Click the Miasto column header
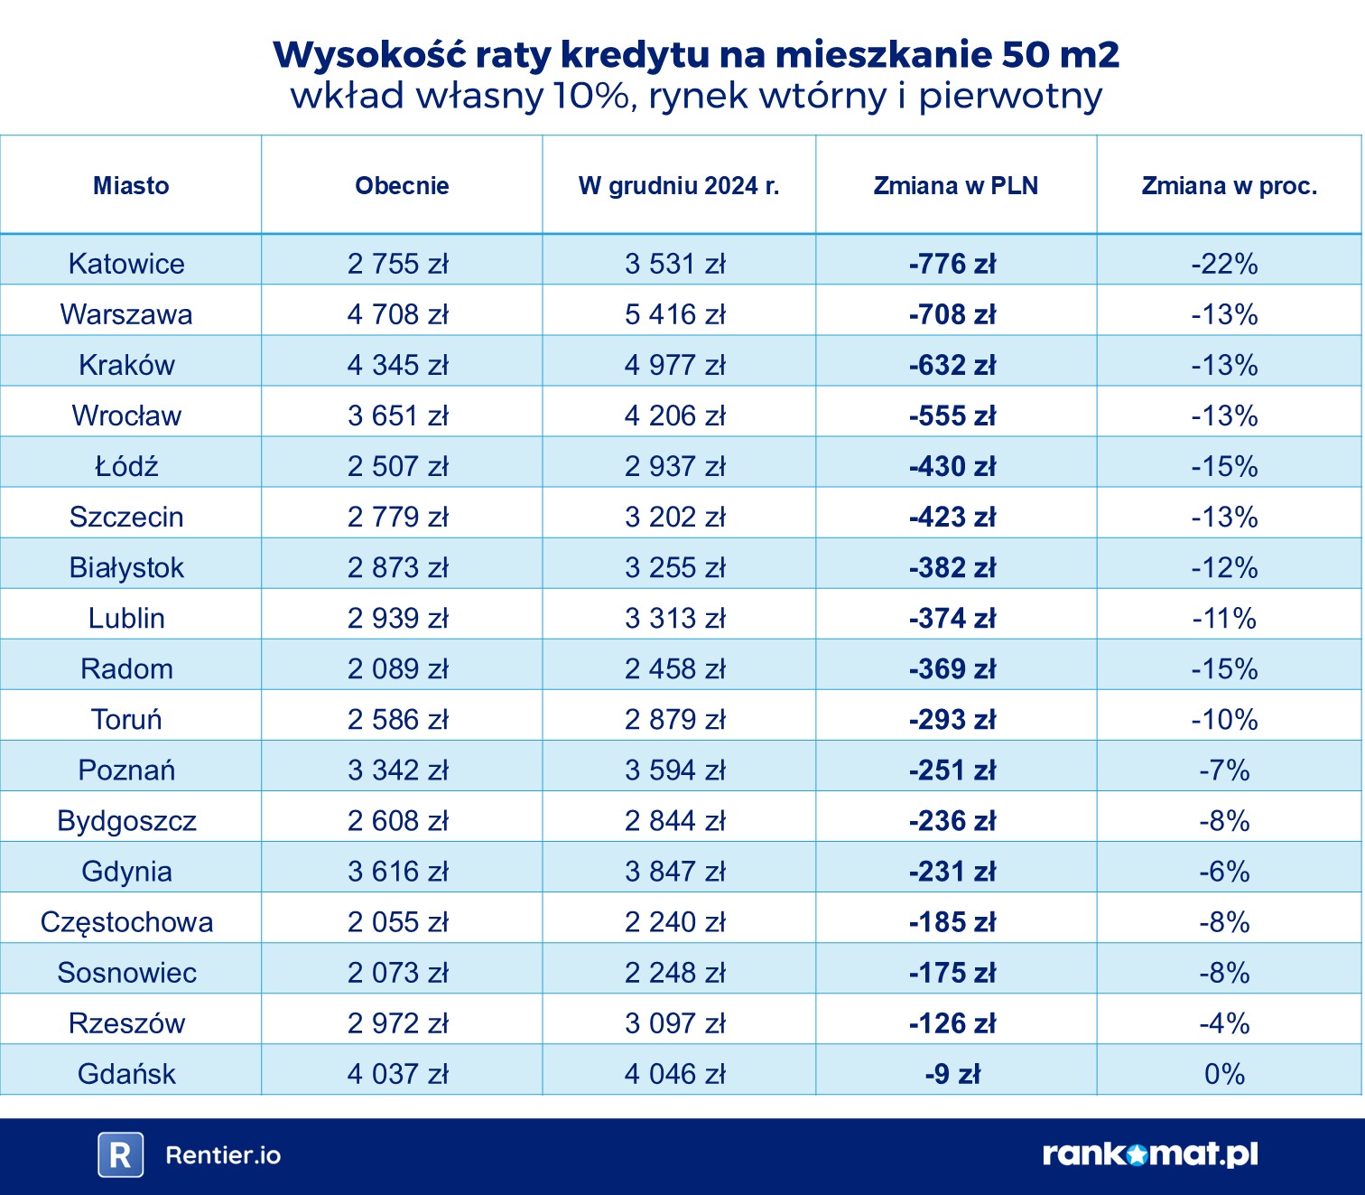pyautogui.click(x=131, y=186)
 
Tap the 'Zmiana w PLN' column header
pyautogui.click(x=955, y=186)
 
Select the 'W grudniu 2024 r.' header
pyautogui.click(x=679, y=186)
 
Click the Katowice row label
pyautogui.click(x=126, y=264)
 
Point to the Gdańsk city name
pyautogui.click(x=126, y=1074)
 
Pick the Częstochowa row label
pyautogui.click(x=126, y=922)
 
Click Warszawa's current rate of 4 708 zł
pyautogui.click(x=398, y=314)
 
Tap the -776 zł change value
pyautogui.click(x=952, y=264)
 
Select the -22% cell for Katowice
pyautogui.click(x=1224, y=264)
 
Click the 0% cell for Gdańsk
pyautogui.click(x=1224, y=1074)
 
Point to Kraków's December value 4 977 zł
pyautogui.click(x=675, y=365)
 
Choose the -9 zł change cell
pyautogui.click(x=952, y=1074)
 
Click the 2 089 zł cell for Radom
pyautogui.click(x=398, y=669)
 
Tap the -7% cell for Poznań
pyautogui.click(x=1224, y=770)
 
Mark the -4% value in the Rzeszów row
pyautogui.click(x=1224, y=1023)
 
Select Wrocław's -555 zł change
pyautogui.click(x=952, y=415)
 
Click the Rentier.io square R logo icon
pyautogui.click(x=120, y=1155)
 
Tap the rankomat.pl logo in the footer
pyautogui.click(x=1150, y=1154)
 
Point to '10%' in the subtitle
pyautogui.click(x=590, y=96)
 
